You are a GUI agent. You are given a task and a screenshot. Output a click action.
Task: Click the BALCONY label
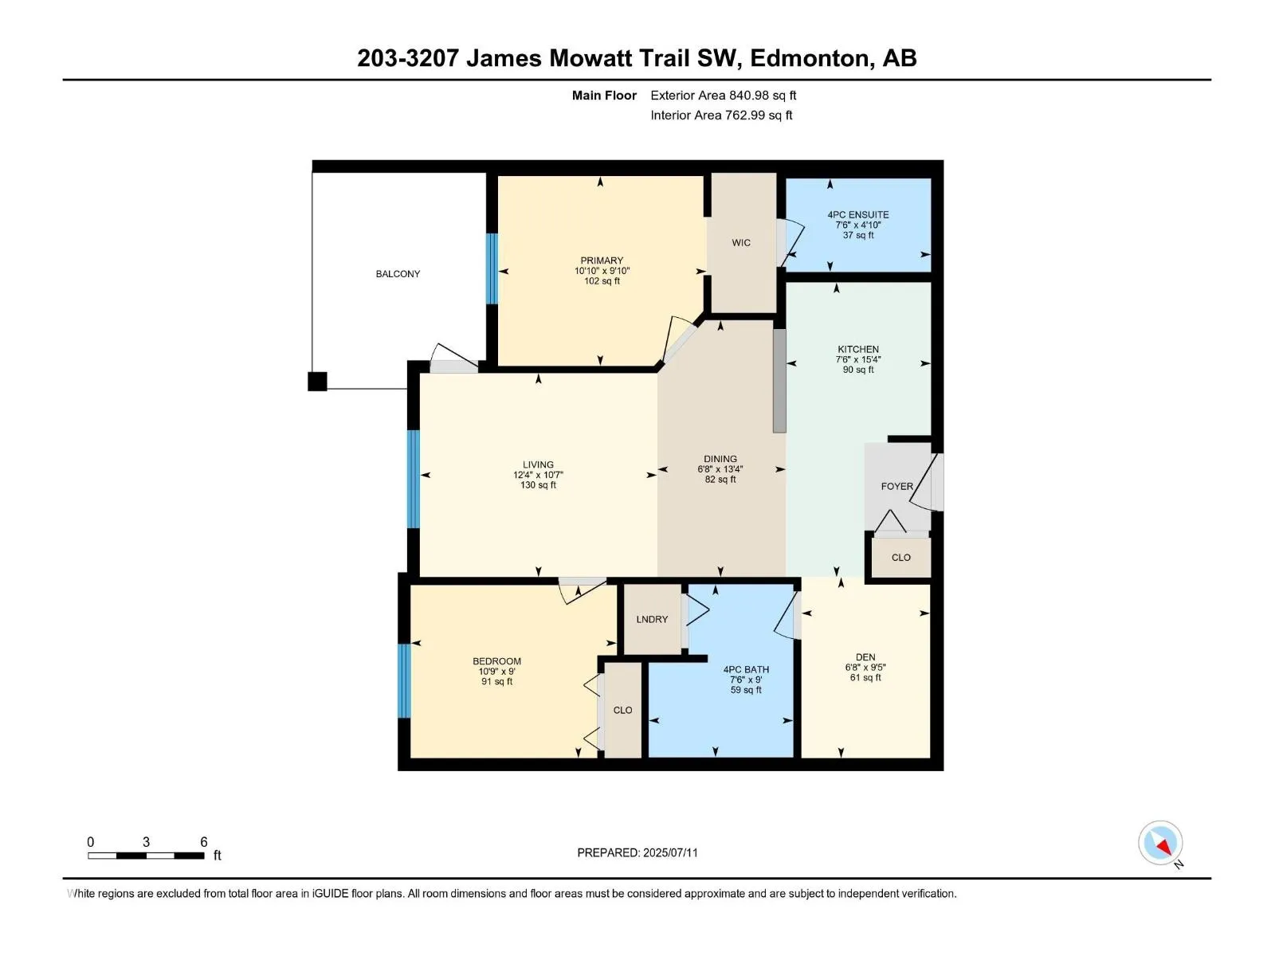398,273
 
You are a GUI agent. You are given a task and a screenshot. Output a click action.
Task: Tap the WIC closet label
740,243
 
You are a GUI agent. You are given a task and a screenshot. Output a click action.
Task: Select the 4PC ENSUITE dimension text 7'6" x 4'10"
858,225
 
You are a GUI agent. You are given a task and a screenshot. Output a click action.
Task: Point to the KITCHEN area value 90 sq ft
858,369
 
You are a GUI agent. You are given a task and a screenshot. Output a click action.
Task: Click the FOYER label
896,486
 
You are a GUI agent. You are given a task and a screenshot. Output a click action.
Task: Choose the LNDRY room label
652,619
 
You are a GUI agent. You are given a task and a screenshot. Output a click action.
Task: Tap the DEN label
865,656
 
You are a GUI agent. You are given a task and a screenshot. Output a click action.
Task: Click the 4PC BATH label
746,669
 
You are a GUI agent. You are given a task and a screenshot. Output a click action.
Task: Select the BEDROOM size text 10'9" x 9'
496,671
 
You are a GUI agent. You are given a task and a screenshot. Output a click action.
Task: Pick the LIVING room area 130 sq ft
538,484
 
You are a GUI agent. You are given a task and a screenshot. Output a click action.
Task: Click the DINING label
720,459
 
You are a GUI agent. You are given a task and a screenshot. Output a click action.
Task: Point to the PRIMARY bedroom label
602,260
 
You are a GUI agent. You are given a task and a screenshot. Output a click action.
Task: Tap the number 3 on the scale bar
146,841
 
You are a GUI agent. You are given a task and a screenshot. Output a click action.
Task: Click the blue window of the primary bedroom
492,268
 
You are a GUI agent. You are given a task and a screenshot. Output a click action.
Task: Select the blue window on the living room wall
413,479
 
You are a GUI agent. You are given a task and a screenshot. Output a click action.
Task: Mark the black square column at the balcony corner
317,382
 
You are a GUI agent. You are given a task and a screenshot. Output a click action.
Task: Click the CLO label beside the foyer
901,557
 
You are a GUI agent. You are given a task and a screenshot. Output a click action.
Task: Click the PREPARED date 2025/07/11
669,852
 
